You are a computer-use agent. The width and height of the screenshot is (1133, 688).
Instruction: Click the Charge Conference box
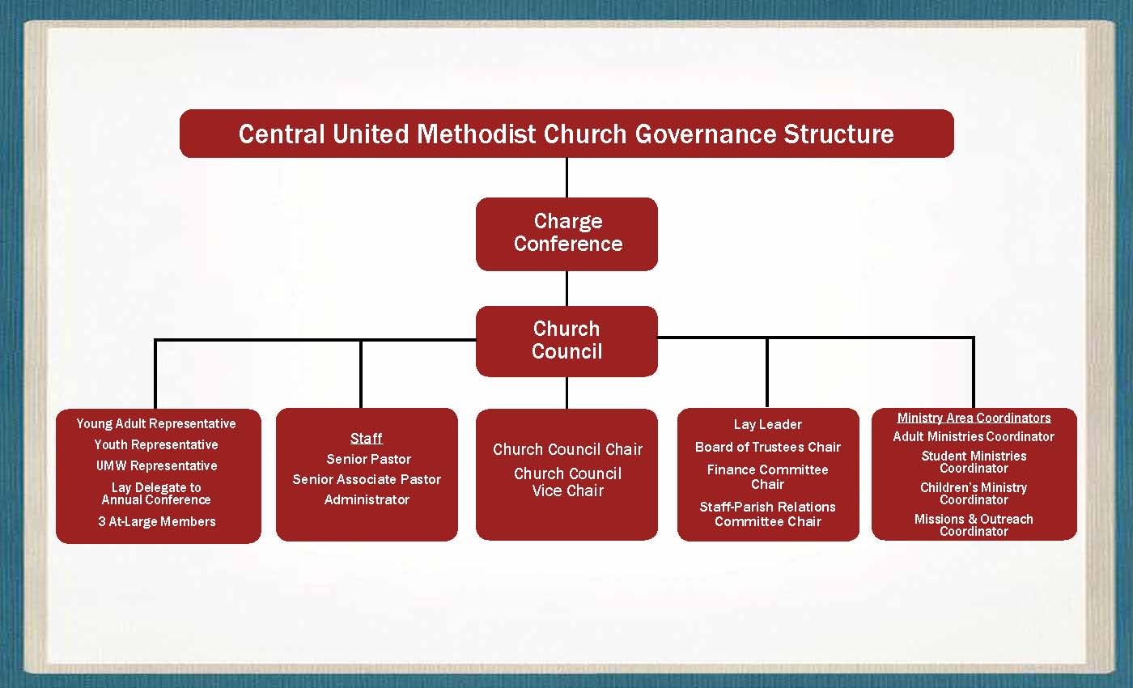(566, 234)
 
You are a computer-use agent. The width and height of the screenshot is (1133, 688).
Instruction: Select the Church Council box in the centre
(566, 341)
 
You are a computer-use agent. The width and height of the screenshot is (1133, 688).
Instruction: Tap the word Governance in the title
(705, 134)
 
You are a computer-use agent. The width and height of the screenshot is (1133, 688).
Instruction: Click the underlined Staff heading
(366, 438)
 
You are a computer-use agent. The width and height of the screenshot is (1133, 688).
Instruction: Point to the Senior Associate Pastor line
(367, 479)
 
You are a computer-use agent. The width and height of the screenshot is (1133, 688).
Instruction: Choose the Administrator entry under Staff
(367, 500)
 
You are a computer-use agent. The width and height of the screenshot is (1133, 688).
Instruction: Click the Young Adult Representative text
(155, 424)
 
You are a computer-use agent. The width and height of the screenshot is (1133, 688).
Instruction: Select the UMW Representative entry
(157, 466)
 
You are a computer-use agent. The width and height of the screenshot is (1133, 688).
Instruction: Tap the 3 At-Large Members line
(157, 521)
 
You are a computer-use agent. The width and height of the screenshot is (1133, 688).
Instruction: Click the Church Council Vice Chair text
(567, 482)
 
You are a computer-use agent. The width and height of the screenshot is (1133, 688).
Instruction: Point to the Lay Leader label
(768, 424)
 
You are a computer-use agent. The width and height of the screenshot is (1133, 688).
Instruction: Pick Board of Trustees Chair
(768, 447)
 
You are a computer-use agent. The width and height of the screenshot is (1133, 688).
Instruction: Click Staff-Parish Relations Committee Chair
(767, 514)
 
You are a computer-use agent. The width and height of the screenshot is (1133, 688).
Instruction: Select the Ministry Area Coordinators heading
(974, 418)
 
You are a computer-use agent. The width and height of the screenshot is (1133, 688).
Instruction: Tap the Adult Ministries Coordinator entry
(974, 436)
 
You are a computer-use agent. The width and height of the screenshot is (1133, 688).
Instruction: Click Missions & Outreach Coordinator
(974, 525)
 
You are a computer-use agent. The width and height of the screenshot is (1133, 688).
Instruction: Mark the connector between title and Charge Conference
(566, 177)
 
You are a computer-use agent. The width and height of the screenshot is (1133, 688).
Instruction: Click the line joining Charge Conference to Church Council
(566, 288)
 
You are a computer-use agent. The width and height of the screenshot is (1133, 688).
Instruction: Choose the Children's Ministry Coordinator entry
(974, 494)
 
